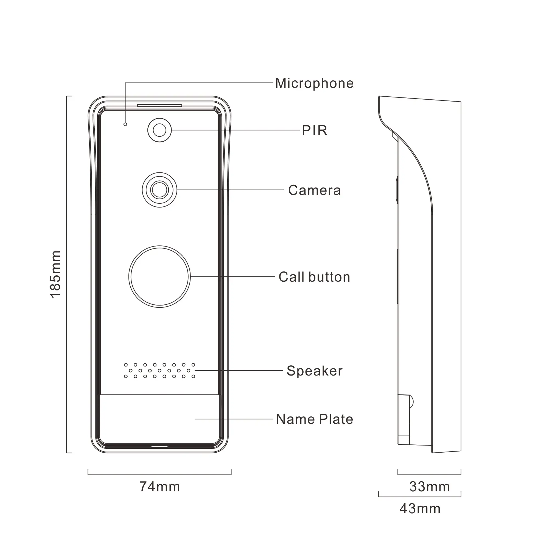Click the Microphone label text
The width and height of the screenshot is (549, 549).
(x=314, y=83)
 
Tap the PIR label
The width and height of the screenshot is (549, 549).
(x=314, y=130)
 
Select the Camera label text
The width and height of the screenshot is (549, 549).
(x=314, y=190)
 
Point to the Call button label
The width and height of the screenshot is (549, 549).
(x=314, y=277)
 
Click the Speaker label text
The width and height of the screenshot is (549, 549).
(x=314, y=371)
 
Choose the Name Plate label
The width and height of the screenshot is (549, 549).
(x=314, y=419)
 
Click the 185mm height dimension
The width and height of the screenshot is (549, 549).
(x=55, y=274)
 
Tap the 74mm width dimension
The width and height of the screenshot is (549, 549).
(x=160, y=487)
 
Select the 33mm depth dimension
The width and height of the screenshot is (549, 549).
(x=429, y=487)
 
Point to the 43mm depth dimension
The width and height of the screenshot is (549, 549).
(x=420, y=509)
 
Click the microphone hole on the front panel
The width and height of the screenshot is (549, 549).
(x=125, y=124)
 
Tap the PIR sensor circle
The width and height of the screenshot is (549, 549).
(x=159, y=130)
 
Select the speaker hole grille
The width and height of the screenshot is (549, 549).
(x=159, y=371)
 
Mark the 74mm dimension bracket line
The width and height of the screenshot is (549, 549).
(x=160, y=474)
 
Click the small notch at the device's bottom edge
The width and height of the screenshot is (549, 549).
(x=159, y=446)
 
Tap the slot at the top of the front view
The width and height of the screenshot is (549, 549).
(x=159, y=105)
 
